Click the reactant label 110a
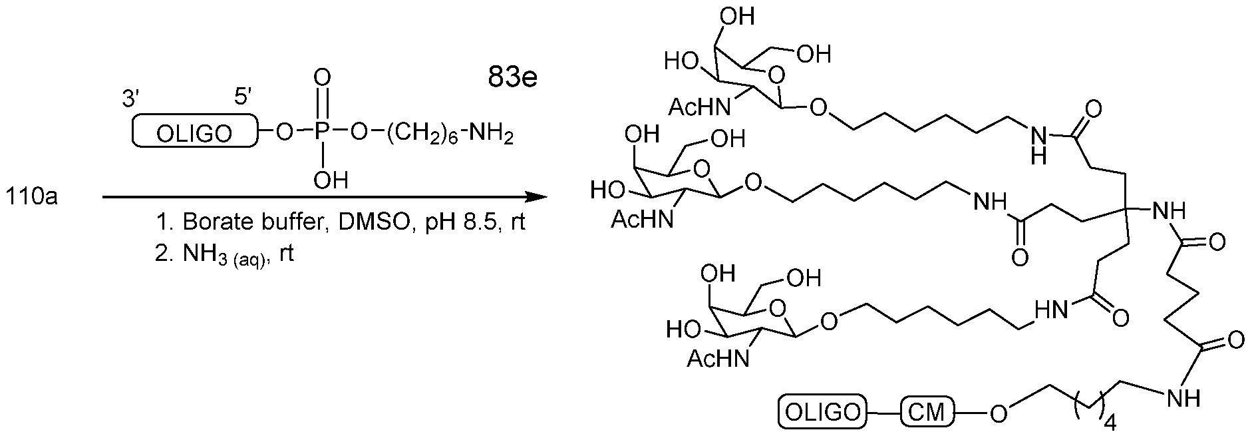pos(32,198)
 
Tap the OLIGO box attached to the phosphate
pos(194,130)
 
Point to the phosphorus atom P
pos(322,132)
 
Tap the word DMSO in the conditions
pos(365,222)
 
